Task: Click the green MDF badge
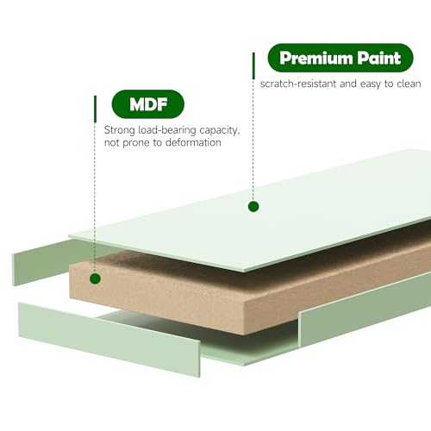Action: click(147, 104)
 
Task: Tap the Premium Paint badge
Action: click(340, 58)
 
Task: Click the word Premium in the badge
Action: click(315, 59)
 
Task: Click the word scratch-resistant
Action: click(298, 84)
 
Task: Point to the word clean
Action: click(409, 84)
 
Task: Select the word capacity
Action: click(220, 130)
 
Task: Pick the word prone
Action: click(136, 143)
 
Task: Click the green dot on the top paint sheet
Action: click(253, 206)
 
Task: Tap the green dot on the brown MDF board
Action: click(95, 278)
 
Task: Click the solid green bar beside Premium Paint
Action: click(253, 66)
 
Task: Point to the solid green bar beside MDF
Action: click(95, 109)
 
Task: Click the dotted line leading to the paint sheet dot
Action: click(253, 140)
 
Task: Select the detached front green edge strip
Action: click(109, 339)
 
